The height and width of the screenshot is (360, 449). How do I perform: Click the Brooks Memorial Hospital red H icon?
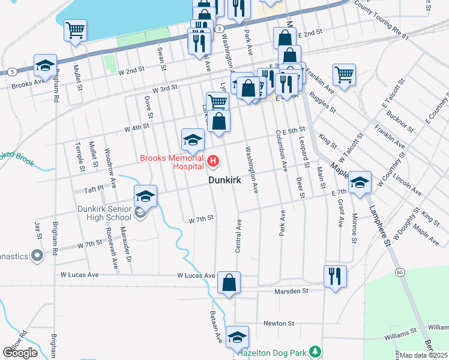click(x=213, y=161)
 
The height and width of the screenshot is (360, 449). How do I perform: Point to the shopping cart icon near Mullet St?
click(x=76, y=30)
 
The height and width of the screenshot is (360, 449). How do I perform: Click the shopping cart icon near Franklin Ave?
click(x=344, y=75)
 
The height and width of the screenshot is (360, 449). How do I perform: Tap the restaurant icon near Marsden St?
click(x=335, y=276)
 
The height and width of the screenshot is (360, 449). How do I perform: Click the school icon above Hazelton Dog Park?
click(x=237, y=337)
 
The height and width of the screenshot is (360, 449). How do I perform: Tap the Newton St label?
click(x=279, y=323)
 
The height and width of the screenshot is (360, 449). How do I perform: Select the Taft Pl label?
click(x=94, y=188)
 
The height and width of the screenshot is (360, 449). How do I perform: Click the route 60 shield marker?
click(x=399, y=272)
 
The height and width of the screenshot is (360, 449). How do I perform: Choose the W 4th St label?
click(x=136, y=127)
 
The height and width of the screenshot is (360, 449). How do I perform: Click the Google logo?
click(x=20, y=353)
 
